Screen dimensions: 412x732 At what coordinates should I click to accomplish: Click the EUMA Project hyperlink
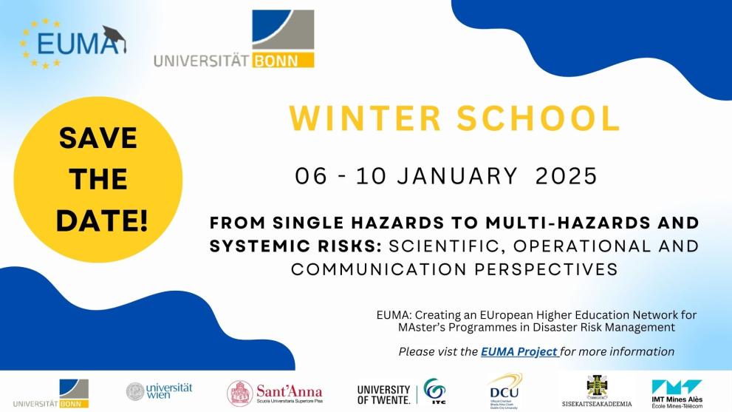pos(519,352)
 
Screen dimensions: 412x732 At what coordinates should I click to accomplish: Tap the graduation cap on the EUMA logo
pos(114,35)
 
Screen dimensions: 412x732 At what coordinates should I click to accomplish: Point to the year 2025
pos(566,176)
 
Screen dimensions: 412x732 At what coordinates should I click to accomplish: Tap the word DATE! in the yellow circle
pos(102,220)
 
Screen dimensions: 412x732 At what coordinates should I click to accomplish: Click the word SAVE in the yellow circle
pos(98,138)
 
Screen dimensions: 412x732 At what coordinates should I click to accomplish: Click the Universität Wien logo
pos(159,391)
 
